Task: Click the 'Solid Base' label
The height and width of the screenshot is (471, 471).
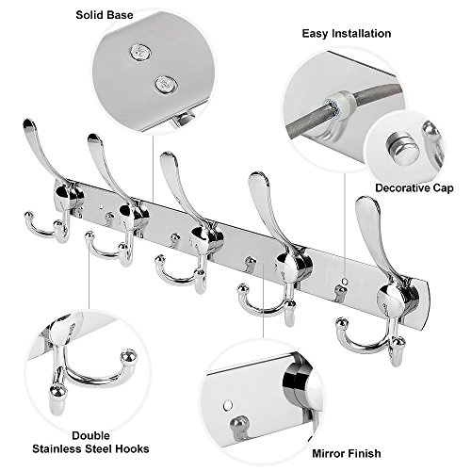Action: [x=105, y=15]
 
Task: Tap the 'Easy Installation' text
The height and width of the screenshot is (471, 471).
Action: [x=347, y=34]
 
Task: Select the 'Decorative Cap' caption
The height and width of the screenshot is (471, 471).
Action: [x=414, y=188]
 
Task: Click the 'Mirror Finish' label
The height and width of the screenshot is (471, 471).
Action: [x=347, y=453]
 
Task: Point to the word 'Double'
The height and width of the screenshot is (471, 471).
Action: [x=90, y=435]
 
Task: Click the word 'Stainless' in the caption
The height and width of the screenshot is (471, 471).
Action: [x=57, y=448]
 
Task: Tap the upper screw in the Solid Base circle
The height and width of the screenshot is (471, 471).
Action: [x=140, y=52]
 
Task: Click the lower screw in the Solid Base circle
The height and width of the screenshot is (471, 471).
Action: [x=166, y=85]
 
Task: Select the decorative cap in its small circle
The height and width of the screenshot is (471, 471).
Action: [x=403, y=148]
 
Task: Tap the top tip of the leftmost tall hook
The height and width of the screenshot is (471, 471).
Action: [x=28, y=123]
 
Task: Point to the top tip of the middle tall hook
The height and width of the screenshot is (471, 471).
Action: [x=168, y=156]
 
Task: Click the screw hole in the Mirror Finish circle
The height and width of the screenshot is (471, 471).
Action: [x=228, y=405]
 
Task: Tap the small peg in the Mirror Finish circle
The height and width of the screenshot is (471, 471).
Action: [x=239, y=426]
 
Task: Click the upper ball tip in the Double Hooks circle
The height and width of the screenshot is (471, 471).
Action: [x=129, y=357]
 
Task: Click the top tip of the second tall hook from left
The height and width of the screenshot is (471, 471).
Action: [x=94, y=138]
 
